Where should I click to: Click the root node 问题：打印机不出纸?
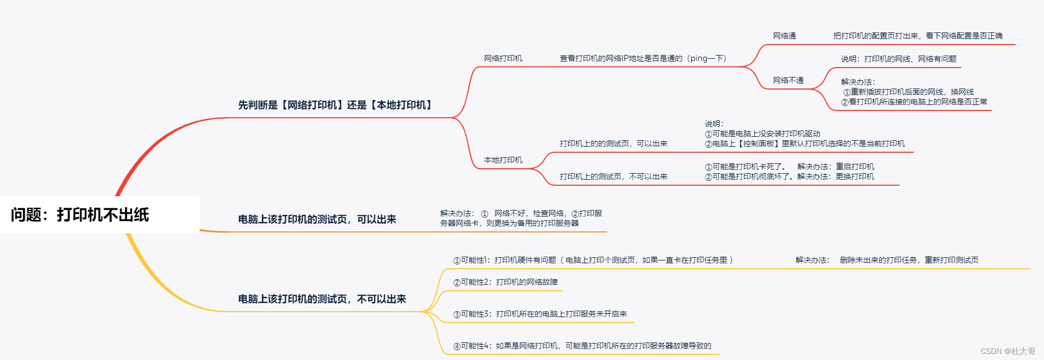(x=80, y=215)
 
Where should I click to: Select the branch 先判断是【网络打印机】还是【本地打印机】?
(x=335, y=105)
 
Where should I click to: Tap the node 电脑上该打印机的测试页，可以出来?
(x=317, y=219)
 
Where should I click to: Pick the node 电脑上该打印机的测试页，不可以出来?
(x=322, y=299)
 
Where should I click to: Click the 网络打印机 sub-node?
(x=503, y=58)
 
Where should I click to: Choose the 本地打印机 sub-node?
(x=503, y=160)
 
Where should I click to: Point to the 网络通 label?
(x=784, y=36)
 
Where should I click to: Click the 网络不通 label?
(x=788, y=80)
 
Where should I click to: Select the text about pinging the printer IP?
(x=643, y=58)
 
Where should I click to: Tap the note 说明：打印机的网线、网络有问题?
(x=898, y=59)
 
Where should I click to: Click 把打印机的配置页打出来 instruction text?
(x=918, y=36)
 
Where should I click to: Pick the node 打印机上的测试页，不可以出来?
(x=613, y=176)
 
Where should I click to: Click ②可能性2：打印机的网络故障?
(x=505, y=282)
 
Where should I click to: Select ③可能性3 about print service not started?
(x=540, y=314)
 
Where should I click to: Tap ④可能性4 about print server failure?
(x=582, y=346)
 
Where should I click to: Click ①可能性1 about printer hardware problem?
(x=593, y=260)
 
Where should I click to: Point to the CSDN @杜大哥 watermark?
(x=1008, y=351)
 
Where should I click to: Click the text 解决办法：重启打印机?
(x=836, y=167)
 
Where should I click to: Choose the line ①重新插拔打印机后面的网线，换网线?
(x=908, y=92)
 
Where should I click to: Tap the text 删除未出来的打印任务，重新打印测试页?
(x=909, y=260)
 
